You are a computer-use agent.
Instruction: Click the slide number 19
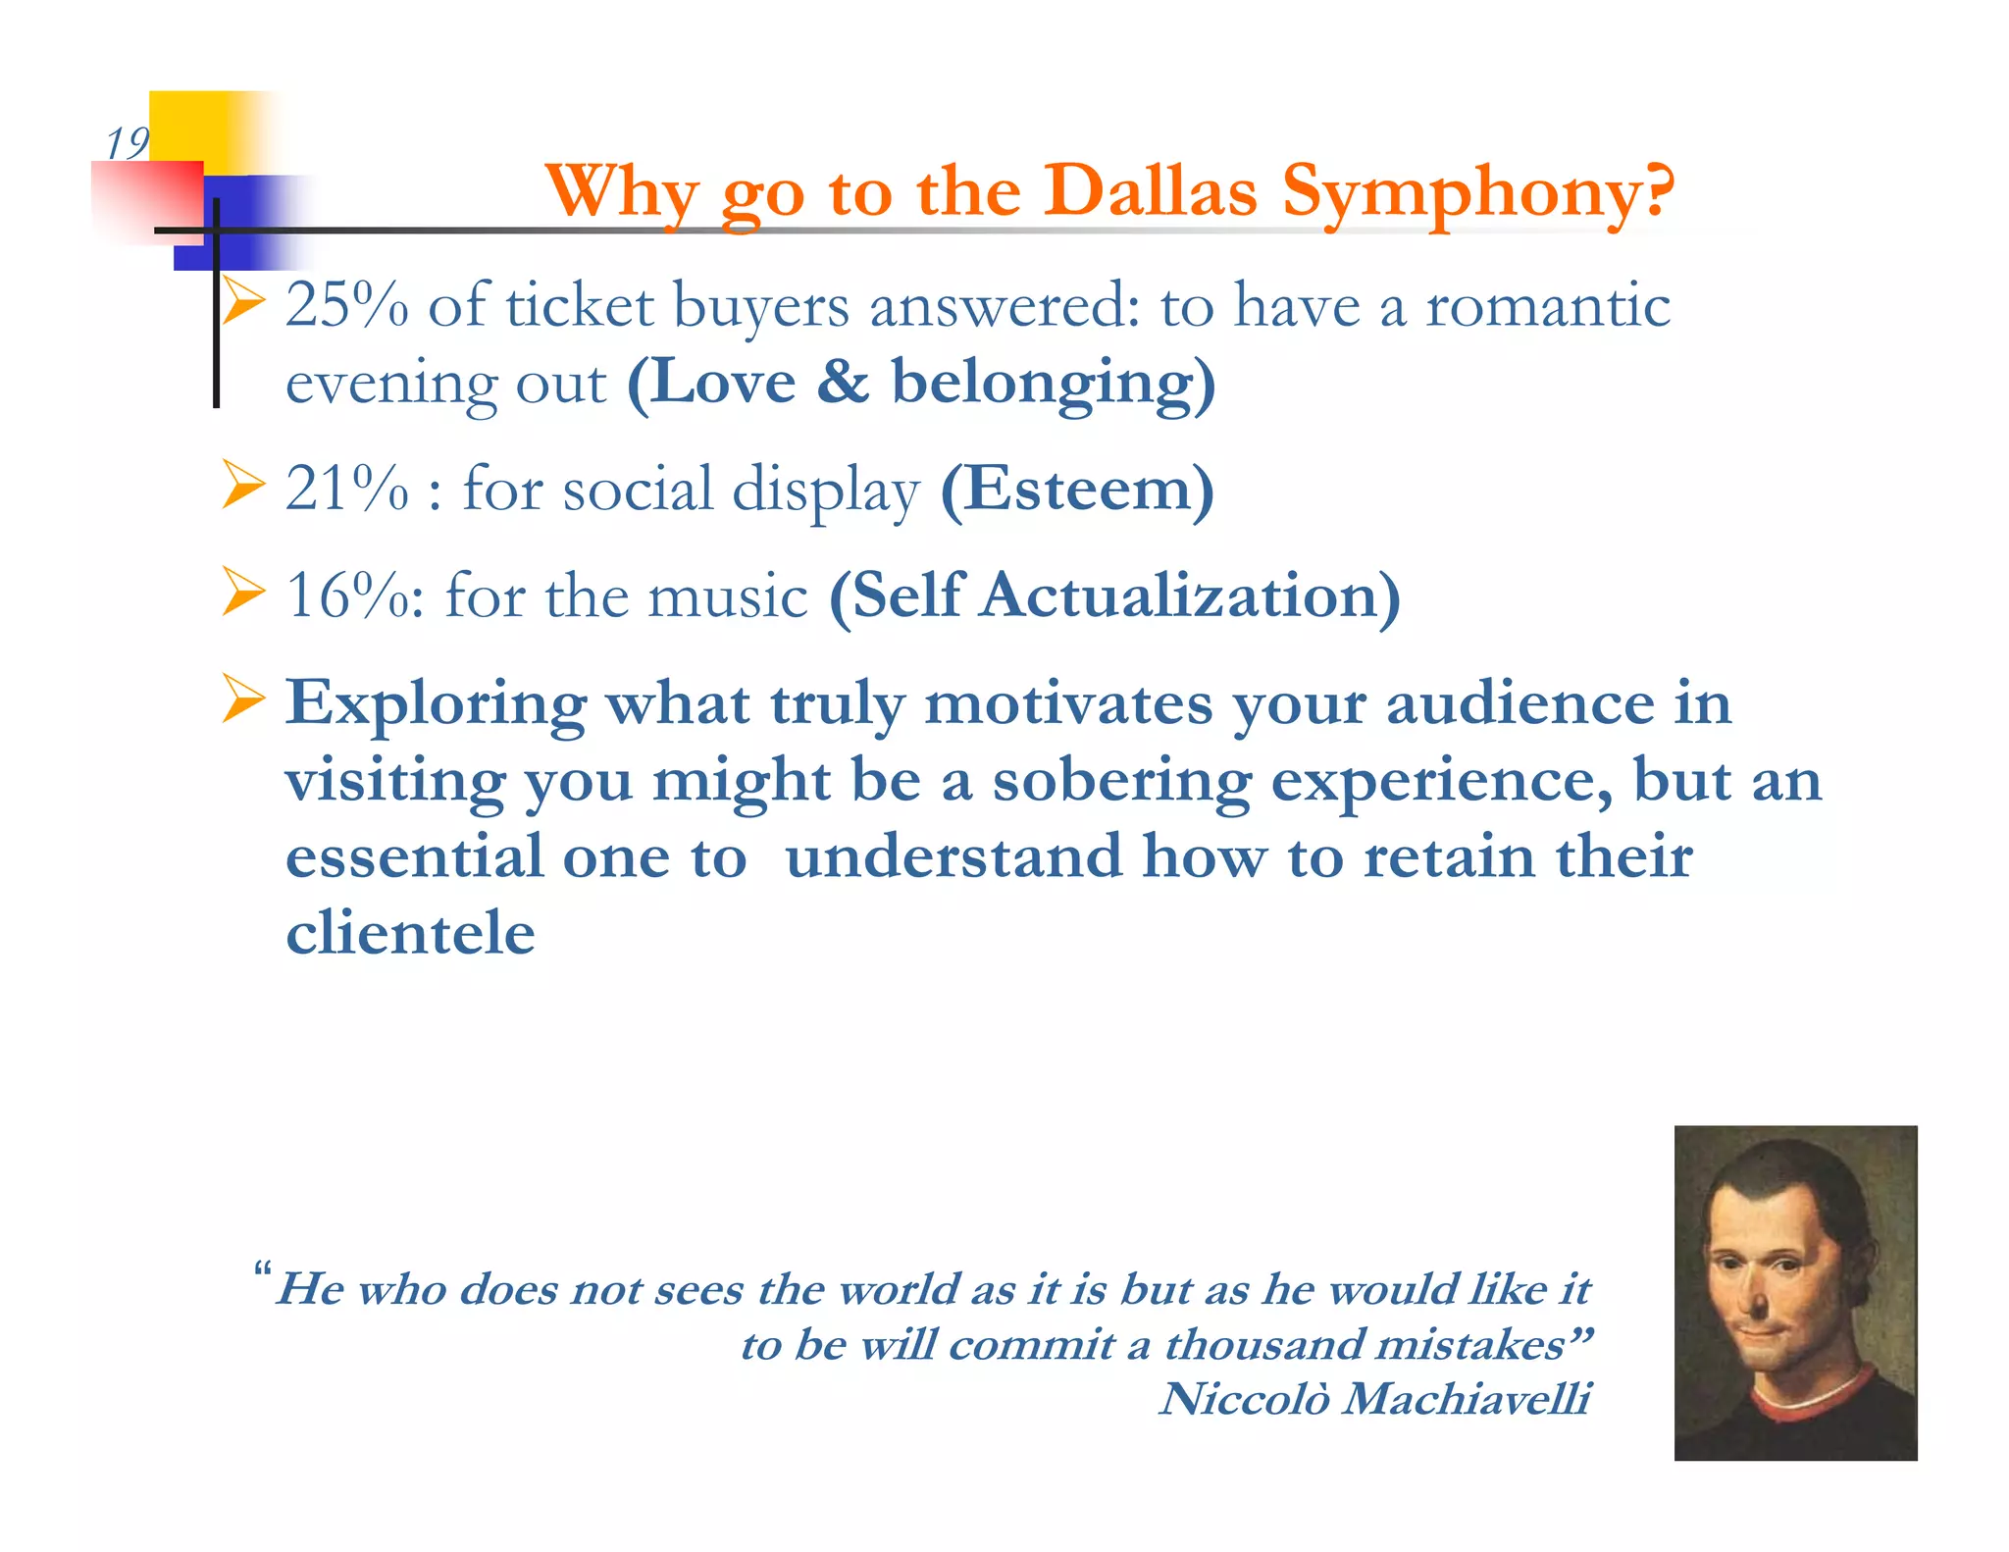pyautogui.click(x=127, y=143)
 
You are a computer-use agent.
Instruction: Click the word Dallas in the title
pyautogui.click(x=1149, y=190)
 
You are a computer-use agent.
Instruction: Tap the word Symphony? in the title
pyautogui.click(x=1477, y=192)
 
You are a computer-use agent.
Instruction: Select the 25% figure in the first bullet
pyautogui.click(x=346, y=305)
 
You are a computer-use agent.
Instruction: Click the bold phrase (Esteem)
pyautogui.click(x=1076, y=489)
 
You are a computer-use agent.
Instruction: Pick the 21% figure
pyautogui.click(x=346, y=489)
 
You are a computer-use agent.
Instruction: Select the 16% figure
pyautogui.click(x=346, y=595)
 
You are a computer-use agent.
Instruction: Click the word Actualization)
pyautogui.click(x=1191, y=595)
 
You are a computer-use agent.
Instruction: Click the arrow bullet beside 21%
pyautogui.click(x=242, y=485)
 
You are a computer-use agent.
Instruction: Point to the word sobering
pyautogui.click(x=1121, y=781)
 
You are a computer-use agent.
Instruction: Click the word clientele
pyautogui.click(x=410, y=932)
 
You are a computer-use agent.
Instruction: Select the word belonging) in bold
pyautogui.click(x=1053, y=383)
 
